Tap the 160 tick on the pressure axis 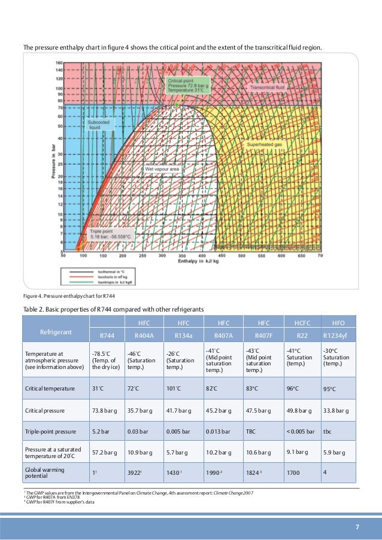59,63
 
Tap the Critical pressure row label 45,411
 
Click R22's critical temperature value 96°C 292,388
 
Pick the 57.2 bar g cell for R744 104,452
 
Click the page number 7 357,527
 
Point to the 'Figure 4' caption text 64,297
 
